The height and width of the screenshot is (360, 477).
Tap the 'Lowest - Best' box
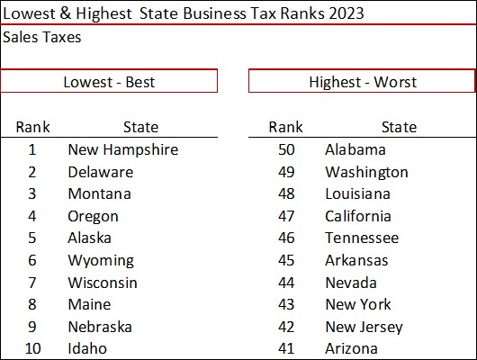109,82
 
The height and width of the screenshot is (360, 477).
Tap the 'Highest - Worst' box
362,82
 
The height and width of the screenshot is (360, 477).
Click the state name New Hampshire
122,149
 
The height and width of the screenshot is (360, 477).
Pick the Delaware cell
100,172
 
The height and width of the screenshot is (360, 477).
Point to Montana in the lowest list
99,193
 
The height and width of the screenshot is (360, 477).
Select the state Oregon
93,216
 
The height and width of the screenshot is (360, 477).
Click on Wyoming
100,260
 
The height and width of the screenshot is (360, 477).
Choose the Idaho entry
87,348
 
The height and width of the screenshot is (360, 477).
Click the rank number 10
32,348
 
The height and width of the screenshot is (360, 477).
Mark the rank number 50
285,149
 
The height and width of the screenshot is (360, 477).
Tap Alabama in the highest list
355,149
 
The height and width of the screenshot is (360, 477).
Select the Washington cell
366,172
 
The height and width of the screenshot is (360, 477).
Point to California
357,216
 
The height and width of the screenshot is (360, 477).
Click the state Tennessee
361,238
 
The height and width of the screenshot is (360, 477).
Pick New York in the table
357,304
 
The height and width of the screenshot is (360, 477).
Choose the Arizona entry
351,348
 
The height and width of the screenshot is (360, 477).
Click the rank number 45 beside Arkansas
285,260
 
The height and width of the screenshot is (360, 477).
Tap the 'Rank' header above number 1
32,127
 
